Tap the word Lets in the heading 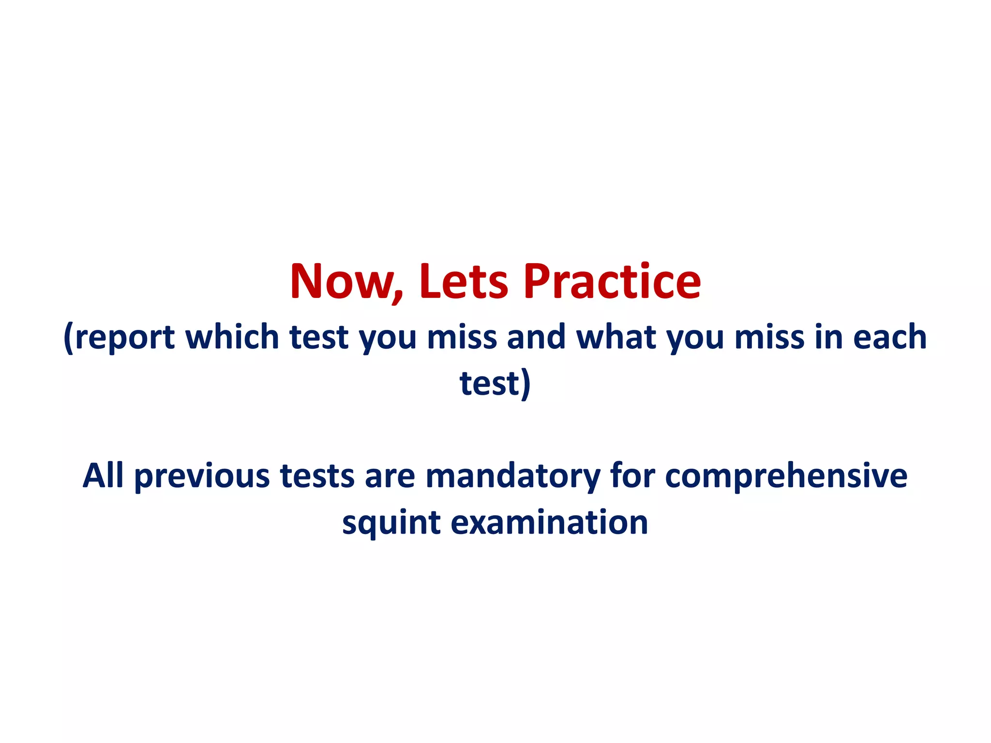tap(463, 282)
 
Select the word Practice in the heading tap(612, 282)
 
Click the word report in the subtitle tap(124, 337)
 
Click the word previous tap(202, 476)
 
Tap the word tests tap(317, 476)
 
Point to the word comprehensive tap(786, 476)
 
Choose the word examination tap(549, 522)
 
